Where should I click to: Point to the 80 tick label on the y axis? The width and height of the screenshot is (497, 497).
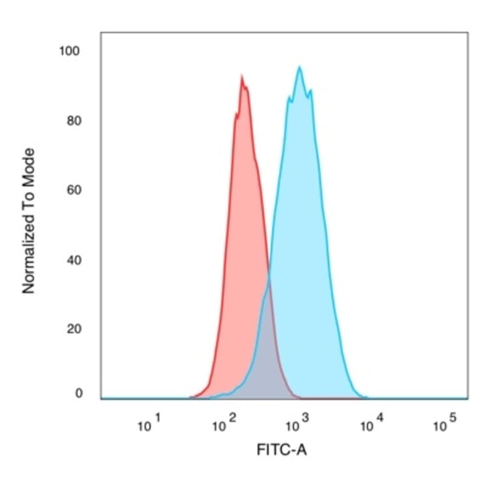click(x=74, y=120)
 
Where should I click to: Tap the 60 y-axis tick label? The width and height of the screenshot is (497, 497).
click(x=74, y=190)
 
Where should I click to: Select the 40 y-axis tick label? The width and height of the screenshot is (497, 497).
click(x=74, y=260)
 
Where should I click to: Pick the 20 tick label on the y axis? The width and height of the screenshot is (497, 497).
click(x=74, y=329)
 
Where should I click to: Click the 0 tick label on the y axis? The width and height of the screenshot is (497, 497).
click(x=79, y=393)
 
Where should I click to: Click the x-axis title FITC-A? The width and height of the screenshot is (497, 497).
click(x=282, y=450)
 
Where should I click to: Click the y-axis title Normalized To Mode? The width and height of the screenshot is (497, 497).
click(x=29, y=221)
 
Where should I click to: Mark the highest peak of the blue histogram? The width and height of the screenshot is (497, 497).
click(x=299, y=67)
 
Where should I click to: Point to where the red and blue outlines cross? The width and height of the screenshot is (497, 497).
click(x=268, y=276)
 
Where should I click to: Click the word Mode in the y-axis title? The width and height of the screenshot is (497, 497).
click(x=29, y=165)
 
